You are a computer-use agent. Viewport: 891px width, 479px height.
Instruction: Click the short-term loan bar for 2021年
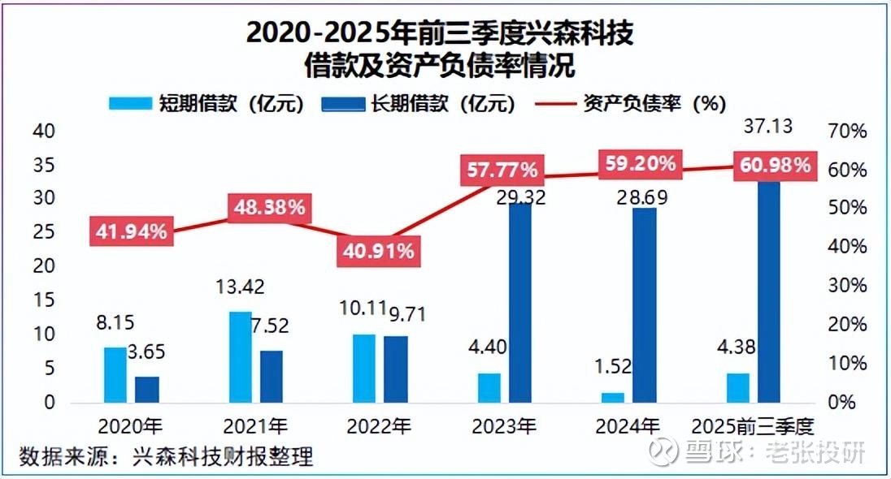tap(240, 357)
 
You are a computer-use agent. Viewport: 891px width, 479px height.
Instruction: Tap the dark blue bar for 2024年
tap(644, 304)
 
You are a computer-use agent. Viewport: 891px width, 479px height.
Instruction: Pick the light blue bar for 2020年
tap(115, 374)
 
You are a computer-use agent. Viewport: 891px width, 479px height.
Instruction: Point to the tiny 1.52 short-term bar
tap(613, 397)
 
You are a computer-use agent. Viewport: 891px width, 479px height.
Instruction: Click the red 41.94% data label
tap(129, 231)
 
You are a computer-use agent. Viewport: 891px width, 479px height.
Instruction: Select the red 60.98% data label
tap(774, 166)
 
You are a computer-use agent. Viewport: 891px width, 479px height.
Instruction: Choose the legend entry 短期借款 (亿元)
tap(206, 103)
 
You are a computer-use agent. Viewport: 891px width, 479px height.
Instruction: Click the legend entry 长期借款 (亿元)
tap(418, 103)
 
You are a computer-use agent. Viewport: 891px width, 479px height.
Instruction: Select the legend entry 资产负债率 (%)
tap(630, 103)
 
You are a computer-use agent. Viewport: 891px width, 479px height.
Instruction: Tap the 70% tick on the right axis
tap(849, 131)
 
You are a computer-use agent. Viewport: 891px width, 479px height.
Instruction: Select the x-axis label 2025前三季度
tap(753, 426)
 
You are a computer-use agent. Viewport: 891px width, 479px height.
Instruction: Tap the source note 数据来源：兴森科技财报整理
tap(167, 455)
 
